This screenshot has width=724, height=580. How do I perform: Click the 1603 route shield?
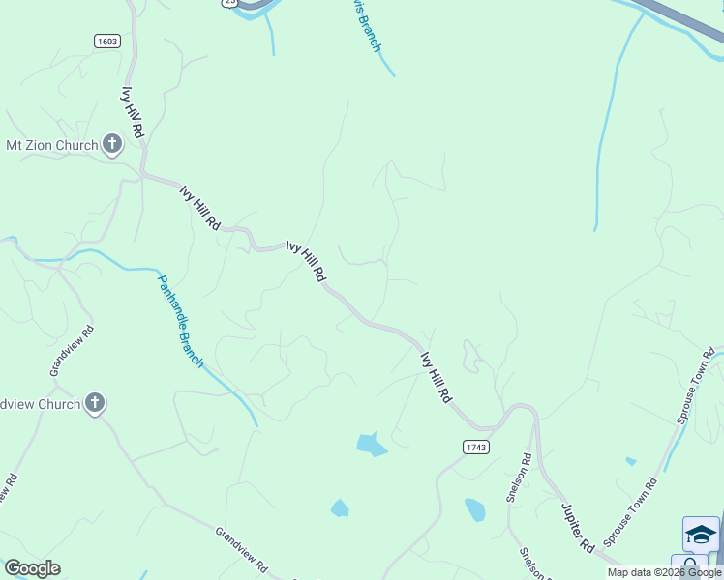(x=107, y=41)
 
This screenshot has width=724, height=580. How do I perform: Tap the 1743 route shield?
(x=475, y=447)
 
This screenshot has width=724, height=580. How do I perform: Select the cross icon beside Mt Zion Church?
(x=112, y=146)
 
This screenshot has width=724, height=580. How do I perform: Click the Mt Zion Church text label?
(x=52, y=146)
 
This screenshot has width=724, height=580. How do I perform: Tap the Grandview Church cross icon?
(x=94, y=404)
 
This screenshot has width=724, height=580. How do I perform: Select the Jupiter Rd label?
(x=577, y=526)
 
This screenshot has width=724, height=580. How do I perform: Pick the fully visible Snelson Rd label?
(x=518, y=479)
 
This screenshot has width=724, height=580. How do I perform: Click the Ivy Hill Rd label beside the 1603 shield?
(x=133, y=112)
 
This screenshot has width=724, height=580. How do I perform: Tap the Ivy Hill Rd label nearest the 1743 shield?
(x=436, y=377)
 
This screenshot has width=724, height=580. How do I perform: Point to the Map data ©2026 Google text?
(x=665, y=572)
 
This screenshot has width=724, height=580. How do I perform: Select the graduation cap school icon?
(x=701, y=534)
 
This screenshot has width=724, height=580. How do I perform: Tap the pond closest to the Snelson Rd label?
(x=474, y=508)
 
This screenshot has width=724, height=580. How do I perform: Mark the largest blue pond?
(x=371, y=445)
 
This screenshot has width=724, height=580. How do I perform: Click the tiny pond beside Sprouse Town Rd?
(x=631, y=461)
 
